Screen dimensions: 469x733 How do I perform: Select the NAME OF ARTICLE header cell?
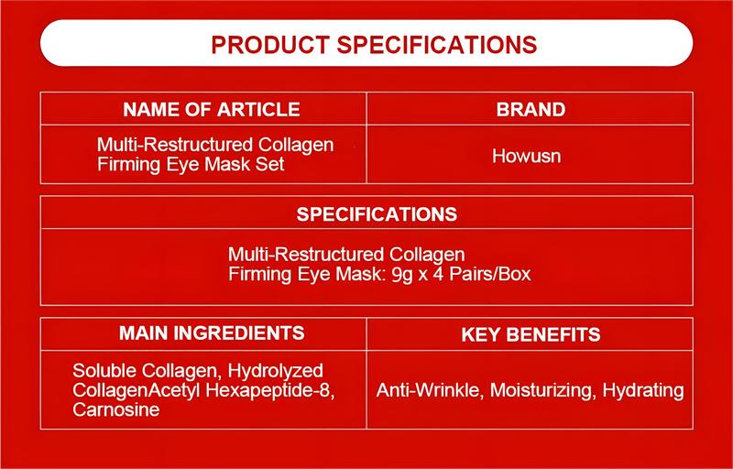212,110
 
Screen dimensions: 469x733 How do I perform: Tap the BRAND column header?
531,110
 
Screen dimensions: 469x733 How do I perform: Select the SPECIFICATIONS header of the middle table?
377,214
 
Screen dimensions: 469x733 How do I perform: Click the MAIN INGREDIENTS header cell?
212,332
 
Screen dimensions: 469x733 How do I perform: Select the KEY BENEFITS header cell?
531,333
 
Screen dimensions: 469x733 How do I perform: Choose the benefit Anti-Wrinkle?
428,391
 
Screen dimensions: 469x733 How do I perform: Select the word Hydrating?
644,391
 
